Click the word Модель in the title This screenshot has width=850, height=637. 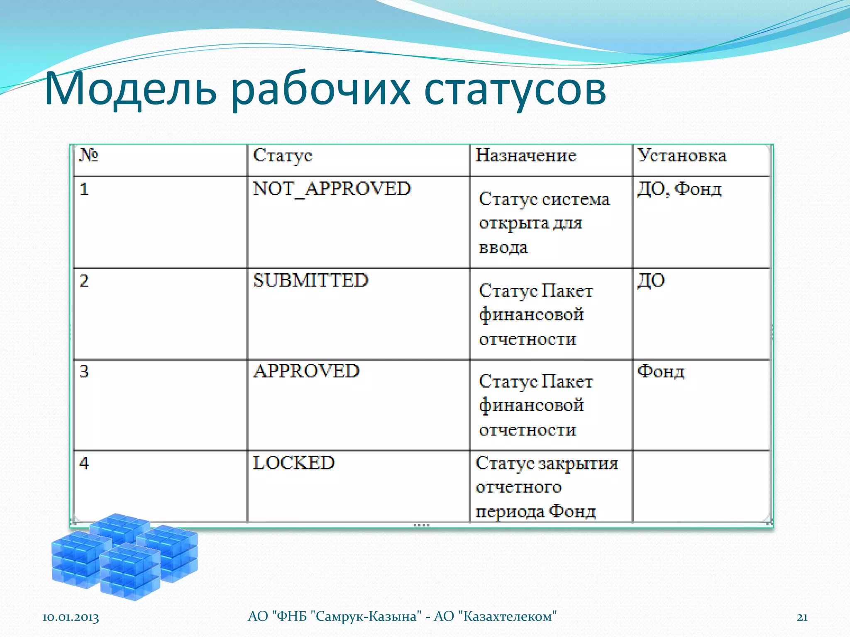[130, 90]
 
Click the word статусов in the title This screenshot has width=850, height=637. [515, 90]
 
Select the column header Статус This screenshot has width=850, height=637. [283, 156]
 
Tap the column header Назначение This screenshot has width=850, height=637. [525, 156]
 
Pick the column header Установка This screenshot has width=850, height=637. [681, 156]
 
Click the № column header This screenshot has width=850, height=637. [88, 155]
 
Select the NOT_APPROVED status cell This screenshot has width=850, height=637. [332, 189]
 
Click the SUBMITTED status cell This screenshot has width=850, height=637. [310, 281]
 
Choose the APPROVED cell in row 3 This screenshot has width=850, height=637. [306, 371]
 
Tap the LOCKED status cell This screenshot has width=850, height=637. [293, 463]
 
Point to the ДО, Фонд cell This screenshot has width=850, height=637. [679, 189]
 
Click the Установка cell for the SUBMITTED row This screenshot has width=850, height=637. [651, 281]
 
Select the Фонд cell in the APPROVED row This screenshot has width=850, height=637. [661, 372]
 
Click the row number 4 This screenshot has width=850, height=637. [84, 463]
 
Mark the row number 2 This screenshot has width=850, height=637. [84, 281]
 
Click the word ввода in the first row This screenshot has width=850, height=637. [503, 248]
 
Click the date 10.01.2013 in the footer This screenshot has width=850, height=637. [71, 617]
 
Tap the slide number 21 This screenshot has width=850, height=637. [802, 617]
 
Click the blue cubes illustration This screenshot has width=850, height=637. [125, 556]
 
